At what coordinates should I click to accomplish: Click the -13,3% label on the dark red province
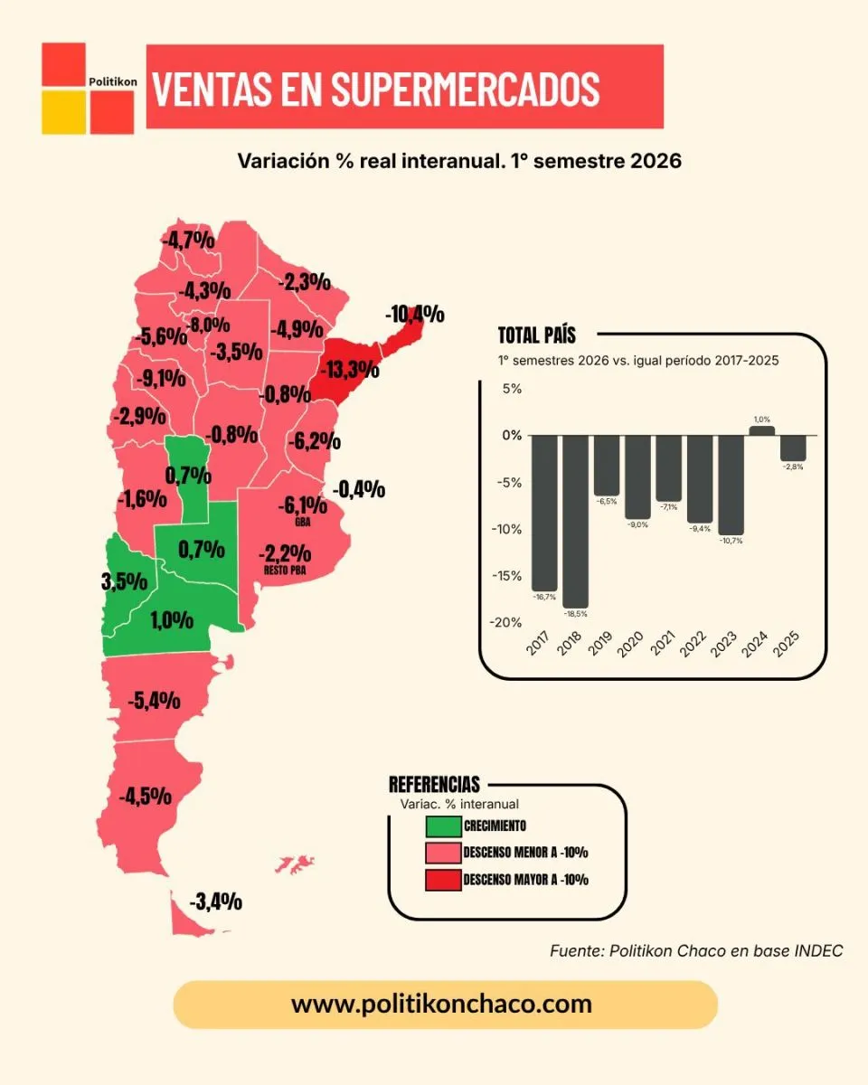tap(350, 370)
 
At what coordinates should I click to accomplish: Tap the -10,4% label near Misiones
tap(415, 314)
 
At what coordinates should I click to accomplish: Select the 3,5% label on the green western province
tap(124, 581)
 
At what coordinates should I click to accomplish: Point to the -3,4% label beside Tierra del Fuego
tap(216, 901)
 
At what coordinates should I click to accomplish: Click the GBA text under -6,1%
tap(303, 523)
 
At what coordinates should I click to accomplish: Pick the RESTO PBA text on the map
tap(285, 571)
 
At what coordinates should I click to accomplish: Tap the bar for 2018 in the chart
tap(575, 522)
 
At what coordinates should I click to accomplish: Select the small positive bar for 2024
tap(762, 430)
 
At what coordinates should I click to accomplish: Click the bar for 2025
tap(793, 448)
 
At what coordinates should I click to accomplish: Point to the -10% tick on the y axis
tap(506, 529)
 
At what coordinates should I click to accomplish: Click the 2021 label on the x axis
tap(662, 643)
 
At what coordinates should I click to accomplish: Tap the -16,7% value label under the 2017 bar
tap(544, 597)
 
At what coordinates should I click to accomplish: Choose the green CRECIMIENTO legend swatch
tap(443, 826)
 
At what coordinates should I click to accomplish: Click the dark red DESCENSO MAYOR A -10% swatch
tap(443, 880)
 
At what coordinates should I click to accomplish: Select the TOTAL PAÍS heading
tap(537, 335)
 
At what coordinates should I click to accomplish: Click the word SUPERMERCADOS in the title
tap(465, 89)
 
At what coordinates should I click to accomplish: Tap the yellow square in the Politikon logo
tap(63, 112)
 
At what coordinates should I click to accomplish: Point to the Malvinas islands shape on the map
tap(295, 863)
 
